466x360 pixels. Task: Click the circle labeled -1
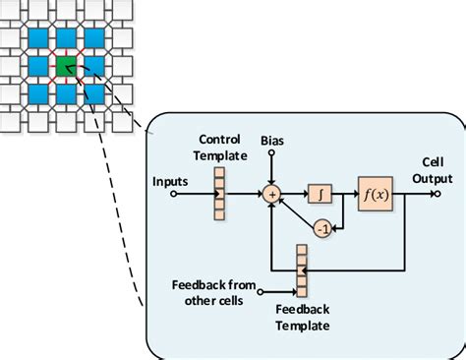(x=321, y=229)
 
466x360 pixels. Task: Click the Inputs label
(x=172, y=181)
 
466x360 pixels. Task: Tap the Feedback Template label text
(x=302, y=316)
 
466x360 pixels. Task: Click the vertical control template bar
(x=219, y=194)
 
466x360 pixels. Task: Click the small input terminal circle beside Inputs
(x=174, y=194)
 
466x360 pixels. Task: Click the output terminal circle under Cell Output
(x=435, y=194)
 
